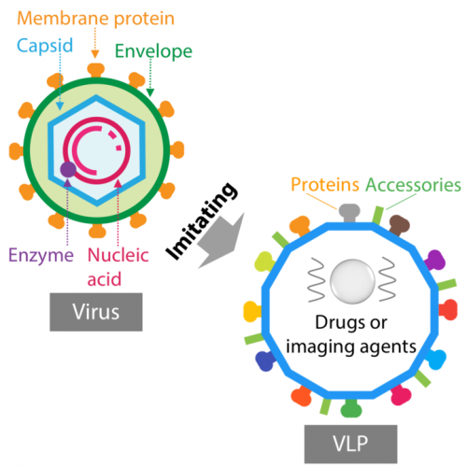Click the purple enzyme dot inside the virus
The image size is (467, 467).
click(x=68, y=170)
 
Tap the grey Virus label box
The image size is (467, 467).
click(x=96, y=312)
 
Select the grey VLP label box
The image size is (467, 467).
click(x=351, y=444)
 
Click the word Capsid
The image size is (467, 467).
click(x=45, y=46)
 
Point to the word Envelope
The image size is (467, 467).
click(x=153, y=51)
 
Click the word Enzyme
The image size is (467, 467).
click(x=41, y=256)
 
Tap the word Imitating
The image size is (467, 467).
click(x=202, y=220)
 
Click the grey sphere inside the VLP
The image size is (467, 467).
click(x=352, y=281)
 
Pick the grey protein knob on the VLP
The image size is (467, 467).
click(x=349, y=213)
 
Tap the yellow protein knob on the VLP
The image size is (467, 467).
click(x=253, y=312)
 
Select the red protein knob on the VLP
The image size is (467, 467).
click(x=448, y=309)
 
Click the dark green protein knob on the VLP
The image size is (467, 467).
click(x=351, y=408)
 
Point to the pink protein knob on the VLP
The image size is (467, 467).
click(x=401, y=394)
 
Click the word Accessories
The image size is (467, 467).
click(x=413, y=185)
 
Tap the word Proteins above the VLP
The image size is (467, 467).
click(x=325, y=184)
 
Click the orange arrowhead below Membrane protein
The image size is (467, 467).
click(x=95, y=54)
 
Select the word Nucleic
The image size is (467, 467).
click(x=119, y=255)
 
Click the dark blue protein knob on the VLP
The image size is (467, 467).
click(x=265, y=361)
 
